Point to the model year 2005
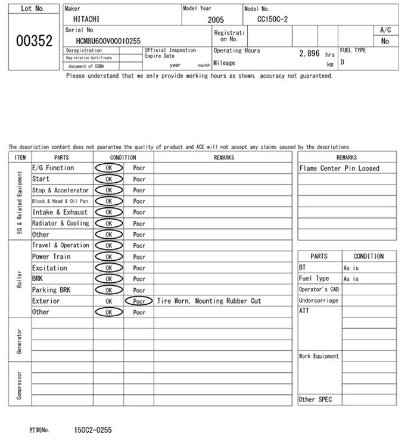[216, 20]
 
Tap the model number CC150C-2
[272, 19]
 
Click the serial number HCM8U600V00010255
[108, 40]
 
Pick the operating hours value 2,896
[309, 53]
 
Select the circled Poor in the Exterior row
[139, 301]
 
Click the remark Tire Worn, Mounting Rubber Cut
[208, 301]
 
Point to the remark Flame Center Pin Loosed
[339, 169]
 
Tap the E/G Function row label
[53, 168]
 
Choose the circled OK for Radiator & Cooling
[108, 223]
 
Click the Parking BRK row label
[51, 290]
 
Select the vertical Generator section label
[20, 340]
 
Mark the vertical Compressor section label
[20, 385]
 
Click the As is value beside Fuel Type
[351, 279]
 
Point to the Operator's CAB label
[319, 289]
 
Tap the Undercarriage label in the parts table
[319, 301]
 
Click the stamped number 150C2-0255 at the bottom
[92, 430]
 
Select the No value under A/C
[385, 41]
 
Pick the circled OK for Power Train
[108, 257]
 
